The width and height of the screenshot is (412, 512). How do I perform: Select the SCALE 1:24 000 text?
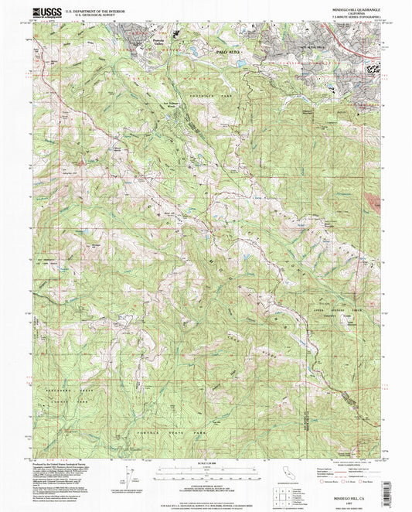coord(205,465)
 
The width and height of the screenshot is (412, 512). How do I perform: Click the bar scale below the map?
coord(205,473)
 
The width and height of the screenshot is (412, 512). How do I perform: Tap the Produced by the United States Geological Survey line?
coord(62,463)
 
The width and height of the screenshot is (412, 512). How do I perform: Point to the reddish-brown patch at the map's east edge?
coord(376,202)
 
